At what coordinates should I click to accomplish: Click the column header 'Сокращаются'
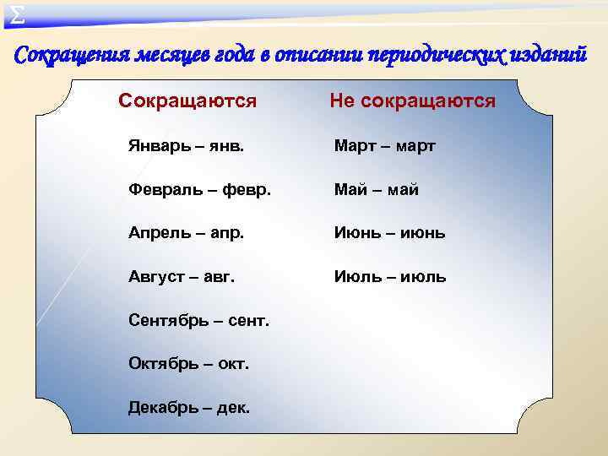187,101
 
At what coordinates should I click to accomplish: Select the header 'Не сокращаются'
412,101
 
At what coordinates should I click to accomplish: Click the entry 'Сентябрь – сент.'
198,320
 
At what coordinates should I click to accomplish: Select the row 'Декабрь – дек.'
188,408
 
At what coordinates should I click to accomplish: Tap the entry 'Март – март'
384,146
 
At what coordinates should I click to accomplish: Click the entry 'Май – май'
376,190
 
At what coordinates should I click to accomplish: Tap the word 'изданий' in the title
551,56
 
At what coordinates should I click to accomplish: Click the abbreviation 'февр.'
247,190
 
